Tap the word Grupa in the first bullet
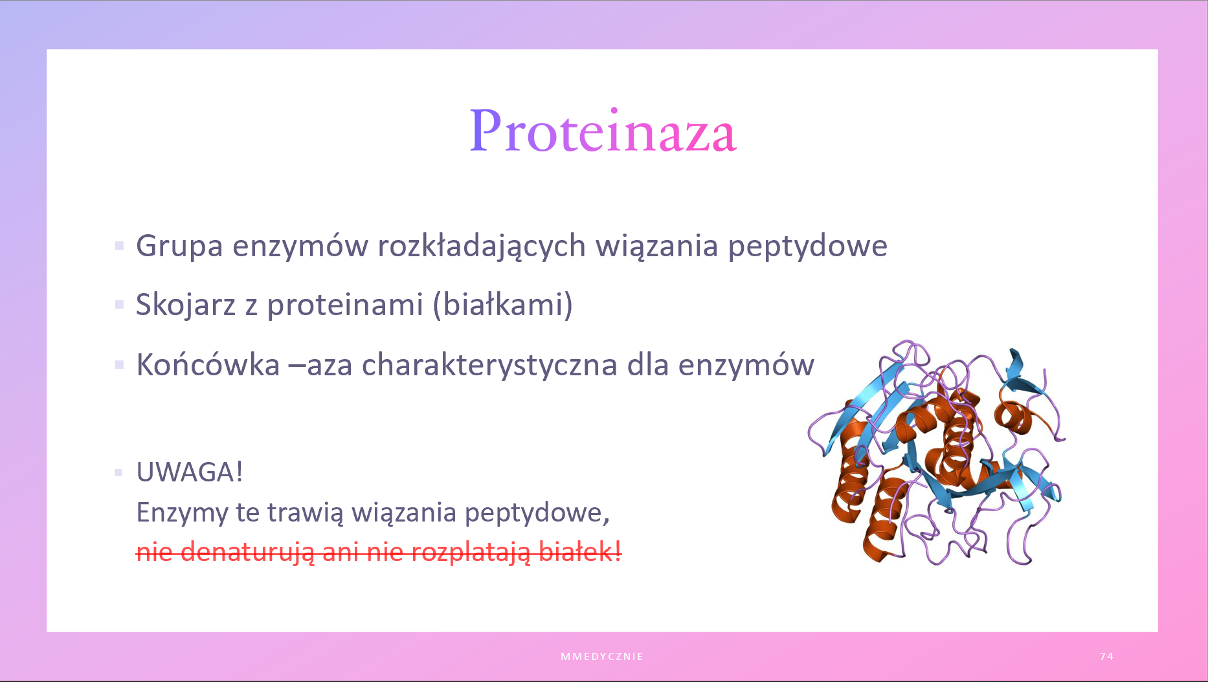click(x=179, y=247)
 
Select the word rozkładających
click(x=482, y=247)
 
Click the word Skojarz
click(x=186, y=305)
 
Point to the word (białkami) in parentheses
click(x=502, y=305)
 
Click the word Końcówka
click(x=208, y=364)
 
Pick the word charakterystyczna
click(x=489, y=365)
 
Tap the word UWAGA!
click(x=190, y=472)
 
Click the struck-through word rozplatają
click(x=471, y=553)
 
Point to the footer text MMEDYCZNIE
click(x=602, y=656)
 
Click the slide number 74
click(x=1106, y=656)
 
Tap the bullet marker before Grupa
click(x=119, y=246)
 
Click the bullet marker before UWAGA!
click(x=118, y=472)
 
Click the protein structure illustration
click(x=936, y=453)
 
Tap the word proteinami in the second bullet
click(x=345, y=305)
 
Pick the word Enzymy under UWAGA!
click(x=182, y=513)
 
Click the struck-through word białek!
click(x=580, y=552)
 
